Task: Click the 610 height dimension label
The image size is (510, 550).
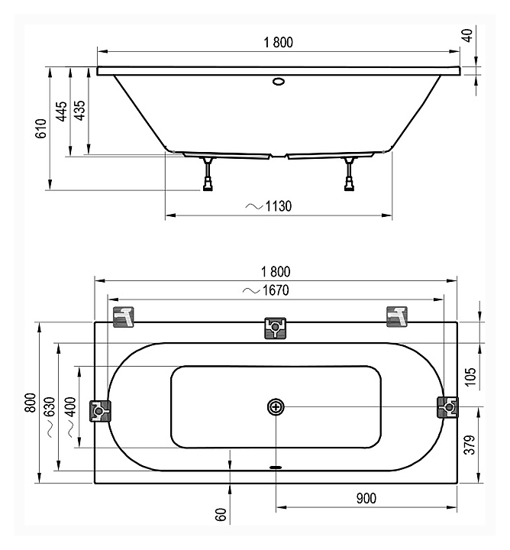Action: tap(41, 128)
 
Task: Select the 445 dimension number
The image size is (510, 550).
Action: tap(62, 112)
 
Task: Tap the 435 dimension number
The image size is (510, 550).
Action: tap(80, 111)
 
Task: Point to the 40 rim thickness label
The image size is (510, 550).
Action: tap(468, 35)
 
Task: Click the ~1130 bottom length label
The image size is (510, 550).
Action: tap(268, 206)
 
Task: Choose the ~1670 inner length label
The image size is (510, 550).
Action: tap(266, 290)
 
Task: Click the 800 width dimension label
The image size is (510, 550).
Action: tap(31, 403)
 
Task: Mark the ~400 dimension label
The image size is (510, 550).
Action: tap(71, 417)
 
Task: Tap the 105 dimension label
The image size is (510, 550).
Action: tap(471, 377)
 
